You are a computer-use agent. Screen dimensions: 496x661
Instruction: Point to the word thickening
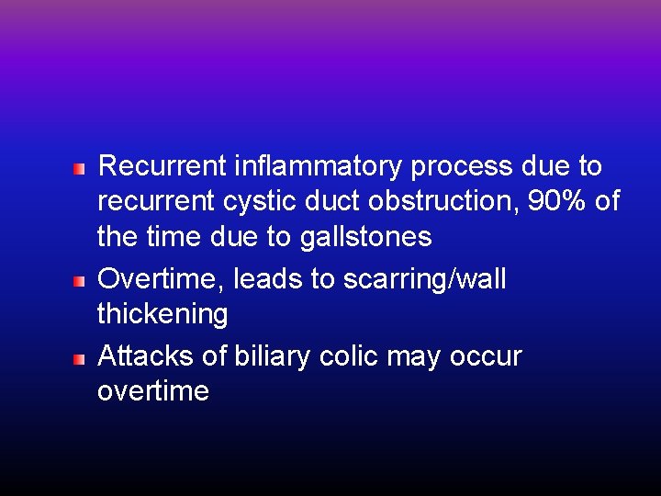pyautogui.click(x=162, y=315)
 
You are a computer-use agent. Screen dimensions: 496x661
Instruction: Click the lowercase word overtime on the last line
pyautogui.click(x=153, y=392)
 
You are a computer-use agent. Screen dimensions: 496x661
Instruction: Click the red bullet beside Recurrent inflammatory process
pyautogui.click(x=80, y=168)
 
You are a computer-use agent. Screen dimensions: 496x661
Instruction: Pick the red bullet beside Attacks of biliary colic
pyautogui.click(x=80, y=357)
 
